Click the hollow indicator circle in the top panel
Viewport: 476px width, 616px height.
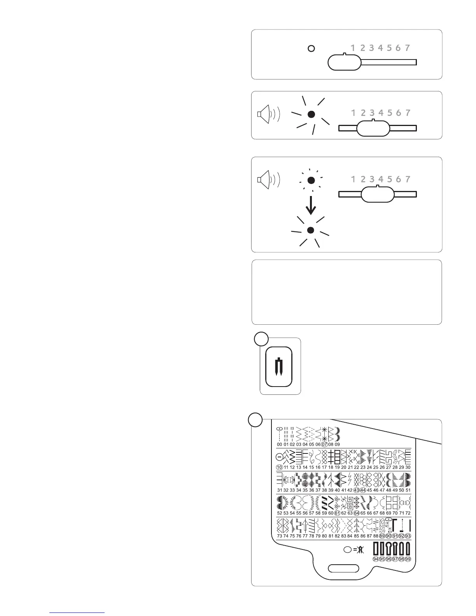pos(311,49)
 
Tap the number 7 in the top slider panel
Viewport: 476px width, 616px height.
pos(407,48)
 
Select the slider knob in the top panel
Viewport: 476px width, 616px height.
pos(344,62)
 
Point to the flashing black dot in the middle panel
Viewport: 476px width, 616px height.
pos(311,114)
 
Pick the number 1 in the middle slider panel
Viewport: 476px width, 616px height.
pos(353,113)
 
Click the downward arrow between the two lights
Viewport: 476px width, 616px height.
pos(310,205)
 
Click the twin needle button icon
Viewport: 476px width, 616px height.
pos(278,367)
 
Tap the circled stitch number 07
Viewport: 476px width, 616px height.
pos(324,444)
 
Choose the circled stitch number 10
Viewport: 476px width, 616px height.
pos(279,467)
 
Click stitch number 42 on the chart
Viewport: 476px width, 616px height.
pos(350,490)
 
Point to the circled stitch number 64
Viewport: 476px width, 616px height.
pos(356,513)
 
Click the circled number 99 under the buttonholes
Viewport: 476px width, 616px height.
pos(408,559)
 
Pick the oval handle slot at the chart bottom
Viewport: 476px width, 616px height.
pos(344,569)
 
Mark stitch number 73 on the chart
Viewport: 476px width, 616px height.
pos(280,536)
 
